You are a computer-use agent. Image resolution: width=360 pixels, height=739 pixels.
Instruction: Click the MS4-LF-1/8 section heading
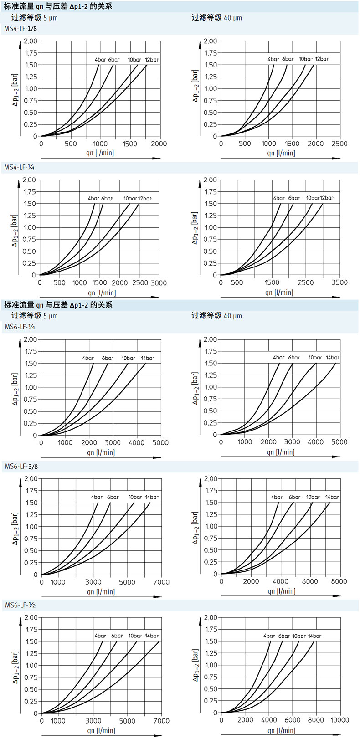point(21,28)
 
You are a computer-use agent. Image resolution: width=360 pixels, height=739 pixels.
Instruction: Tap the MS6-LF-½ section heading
point(21,605)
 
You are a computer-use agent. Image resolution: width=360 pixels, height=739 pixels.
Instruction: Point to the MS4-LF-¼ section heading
point(20,167)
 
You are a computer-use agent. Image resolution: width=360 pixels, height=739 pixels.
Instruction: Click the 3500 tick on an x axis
point(339,282)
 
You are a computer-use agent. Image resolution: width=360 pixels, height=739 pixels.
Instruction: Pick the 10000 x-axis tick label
point(339,720)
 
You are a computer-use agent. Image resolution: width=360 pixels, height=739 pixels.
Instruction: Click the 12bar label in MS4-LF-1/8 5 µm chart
point(152,60)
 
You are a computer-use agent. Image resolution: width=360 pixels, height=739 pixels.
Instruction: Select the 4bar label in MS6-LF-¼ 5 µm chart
point(88,358)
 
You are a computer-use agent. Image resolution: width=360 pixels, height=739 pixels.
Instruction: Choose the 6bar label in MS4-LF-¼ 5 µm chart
point(107,198)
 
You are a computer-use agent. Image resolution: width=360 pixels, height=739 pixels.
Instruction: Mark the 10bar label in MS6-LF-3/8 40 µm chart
point(313,497)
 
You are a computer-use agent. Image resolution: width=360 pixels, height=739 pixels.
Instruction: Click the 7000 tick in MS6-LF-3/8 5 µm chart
point(161,582)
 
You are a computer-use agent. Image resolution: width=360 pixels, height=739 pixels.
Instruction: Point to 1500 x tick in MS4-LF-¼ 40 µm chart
point(272,282)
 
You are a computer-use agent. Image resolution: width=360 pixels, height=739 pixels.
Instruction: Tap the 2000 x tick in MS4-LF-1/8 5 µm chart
point(159,144)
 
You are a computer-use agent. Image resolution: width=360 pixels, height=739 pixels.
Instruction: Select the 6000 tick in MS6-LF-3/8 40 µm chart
point(310,581)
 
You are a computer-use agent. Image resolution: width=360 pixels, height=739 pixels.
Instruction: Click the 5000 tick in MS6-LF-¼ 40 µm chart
point(339,441)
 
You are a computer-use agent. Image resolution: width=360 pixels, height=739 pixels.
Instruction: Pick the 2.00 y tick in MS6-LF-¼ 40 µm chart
point(211,339)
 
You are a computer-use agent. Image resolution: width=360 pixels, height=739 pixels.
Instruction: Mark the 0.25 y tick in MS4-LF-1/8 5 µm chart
point(31,124)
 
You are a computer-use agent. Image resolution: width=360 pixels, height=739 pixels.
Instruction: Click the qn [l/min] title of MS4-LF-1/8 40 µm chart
point(281,153)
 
